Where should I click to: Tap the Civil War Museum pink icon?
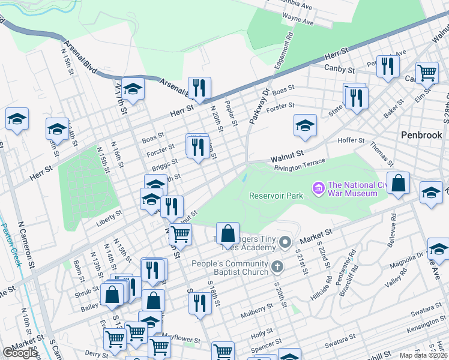pos(318,189)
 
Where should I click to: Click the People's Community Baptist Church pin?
pos(276,265)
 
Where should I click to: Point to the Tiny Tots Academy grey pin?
pos(285,243)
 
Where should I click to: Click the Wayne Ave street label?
pos(298,22)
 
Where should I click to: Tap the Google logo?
pos(20,353)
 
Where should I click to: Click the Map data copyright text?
pos(423,355)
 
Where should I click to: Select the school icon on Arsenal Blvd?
pos(133,89)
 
